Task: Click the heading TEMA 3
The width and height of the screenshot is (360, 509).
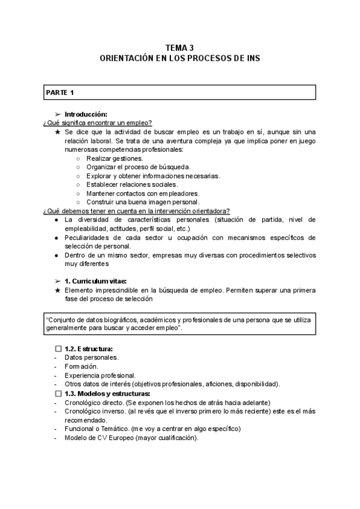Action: (x=179, y=47)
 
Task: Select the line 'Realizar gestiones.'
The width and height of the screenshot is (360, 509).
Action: (x=115, y=158)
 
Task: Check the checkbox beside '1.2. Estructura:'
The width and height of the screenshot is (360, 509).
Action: (x=58, y=349)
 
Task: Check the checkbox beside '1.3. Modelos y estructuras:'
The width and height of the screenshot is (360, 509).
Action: (x=58, y=393)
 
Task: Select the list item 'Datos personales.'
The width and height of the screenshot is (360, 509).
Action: (x=91, y=357)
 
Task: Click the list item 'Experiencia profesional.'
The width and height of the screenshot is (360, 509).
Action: (x=100, y=375)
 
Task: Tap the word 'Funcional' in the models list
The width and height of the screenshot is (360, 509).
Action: (x=80, y=429)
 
